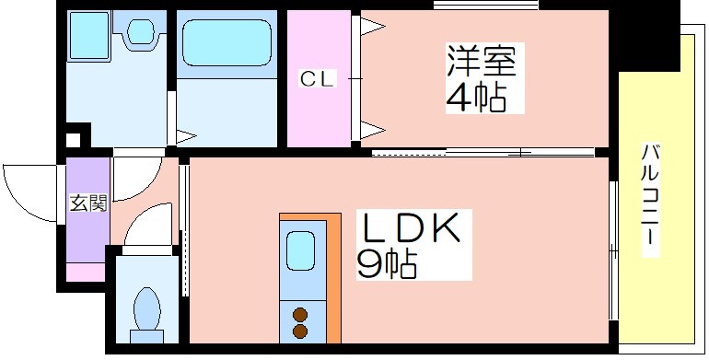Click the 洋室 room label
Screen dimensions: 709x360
pos(482,61)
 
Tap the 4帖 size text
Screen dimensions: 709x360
pos(476,98)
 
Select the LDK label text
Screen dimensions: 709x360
pos(410,227)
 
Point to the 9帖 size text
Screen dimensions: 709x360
pos(387,263)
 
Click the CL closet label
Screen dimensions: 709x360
pos(318,79)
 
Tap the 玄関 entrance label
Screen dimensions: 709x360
pos(88,203)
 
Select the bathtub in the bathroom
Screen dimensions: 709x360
pos(227,43)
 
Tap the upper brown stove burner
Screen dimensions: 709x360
pos(300,314)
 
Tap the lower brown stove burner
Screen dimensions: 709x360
pos(300,331)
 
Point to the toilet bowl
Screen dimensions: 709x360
pos(147,308)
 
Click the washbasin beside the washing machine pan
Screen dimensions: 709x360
pos(140,30)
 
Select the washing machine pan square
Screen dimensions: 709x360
pos(89,35)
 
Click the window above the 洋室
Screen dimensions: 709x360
pos(485,6)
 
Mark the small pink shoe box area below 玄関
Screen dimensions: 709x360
pos(86,272)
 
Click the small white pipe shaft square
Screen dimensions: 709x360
pos(74,140)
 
